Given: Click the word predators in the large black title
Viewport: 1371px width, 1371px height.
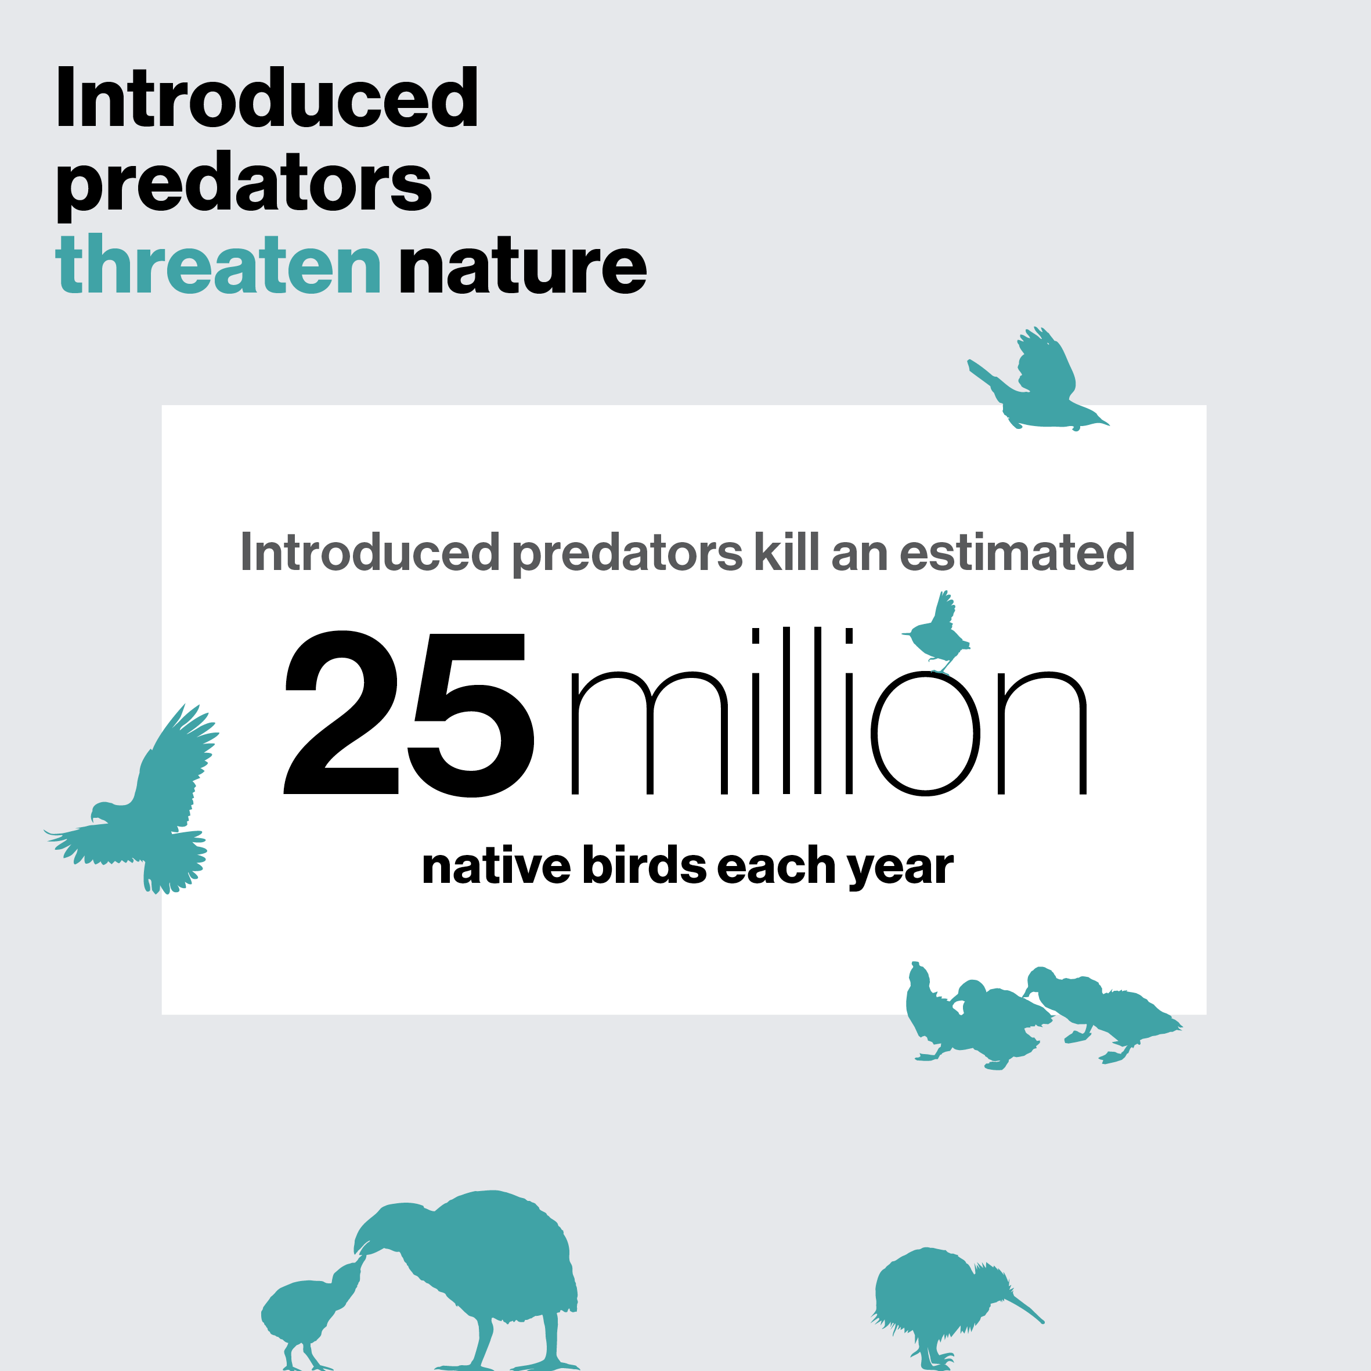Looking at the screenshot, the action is pyautogui.click(x=243, y=183).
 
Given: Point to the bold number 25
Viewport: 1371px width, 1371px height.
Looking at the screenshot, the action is pyautogui.click(x=409, y=713).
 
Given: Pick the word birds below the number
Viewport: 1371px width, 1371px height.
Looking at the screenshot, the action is pyautogui.click(x=644, y=866).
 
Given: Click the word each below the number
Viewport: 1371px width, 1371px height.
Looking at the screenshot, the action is pyautogui.click(x=777, y=866).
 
